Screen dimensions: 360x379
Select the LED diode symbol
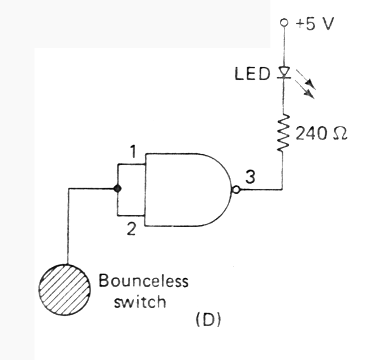283,72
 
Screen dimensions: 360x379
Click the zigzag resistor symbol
283,133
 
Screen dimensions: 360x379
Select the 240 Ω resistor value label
318,135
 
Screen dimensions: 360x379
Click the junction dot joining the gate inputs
118,189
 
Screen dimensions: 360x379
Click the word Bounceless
144,281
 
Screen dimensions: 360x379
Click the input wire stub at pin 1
132,164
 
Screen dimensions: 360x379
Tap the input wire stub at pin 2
132,216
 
